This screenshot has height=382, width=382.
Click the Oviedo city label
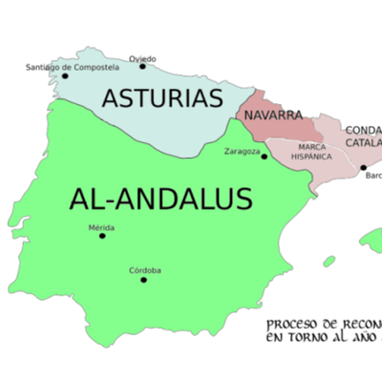(x=142, y=56)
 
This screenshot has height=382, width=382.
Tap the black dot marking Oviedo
(x=142, y=66)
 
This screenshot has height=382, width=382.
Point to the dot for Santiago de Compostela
(x=65, y=76)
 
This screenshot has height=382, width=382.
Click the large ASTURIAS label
(x=162, y=97)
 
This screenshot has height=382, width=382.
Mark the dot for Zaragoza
(x=265, y=158)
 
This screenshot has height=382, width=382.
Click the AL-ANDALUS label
(x=160, y=199)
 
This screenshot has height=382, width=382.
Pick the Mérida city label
(x=101, y=227)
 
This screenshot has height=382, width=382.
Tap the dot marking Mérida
(x=102, y=236)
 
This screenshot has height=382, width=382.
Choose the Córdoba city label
(x=145, y=270)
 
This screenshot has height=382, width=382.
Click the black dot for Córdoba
(x=144, y=280)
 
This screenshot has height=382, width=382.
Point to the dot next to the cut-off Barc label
(x=363, y=168)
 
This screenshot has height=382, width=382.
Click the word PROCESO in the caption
(x=289, y=324)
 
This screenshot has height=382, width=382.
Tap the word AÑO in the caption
(x=367, y=338)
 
